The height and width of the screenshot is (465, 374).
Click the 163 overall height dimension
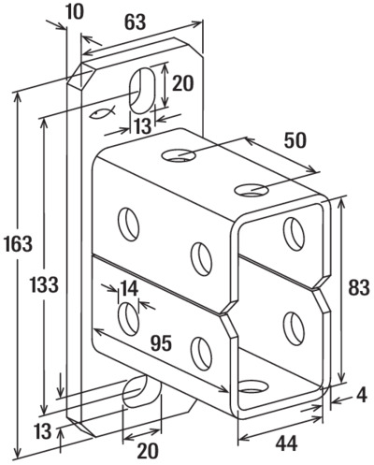(19, 243)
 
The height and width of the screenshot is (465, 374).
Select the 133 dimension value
(44, 284)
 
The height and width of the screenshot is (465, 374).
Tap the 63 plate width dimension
(135, 22)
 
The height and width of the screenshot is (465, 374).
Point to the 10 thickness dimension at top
(75, 12)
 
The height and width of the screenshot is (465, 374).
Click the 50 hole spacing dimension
(295, 140)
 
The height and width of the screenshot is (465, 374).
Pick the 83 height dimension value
(358, 287)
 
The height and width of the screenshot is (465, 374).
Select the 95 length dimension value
(161, 343)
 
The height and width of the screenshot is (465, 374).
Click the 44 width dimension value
(286, 443)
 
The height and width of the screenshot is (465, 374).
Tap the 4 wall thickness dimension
(361, 395)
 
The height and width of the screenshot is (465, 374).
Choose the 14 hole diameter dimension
(129, 288)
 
